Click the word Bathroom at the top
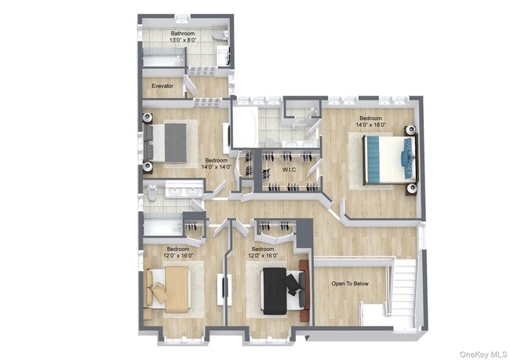[x=184, y=34]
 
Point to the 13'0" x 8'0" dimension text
[x=184, y=40]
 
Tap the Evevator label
[x=162, y=85]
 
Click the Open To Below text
[x=350, y=283]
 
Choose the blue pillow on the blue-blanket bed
[x=406, y=158]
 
